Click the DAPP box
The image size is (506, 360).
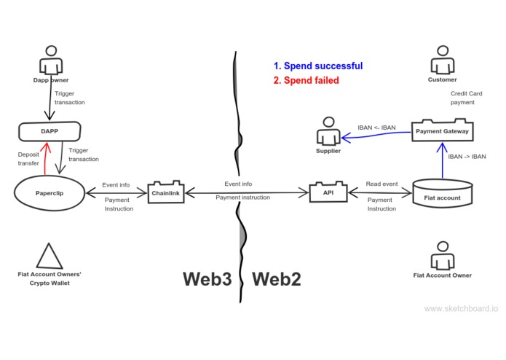pyautogui.click(x=50, y=131)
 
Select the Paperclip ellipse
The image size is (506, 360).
pyautogui.click(x=50, y=193)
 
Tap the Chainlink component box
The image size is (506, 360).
pyautogui.click(x=166, y=192)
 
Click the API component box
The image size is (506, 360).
pyautogui.click(x=328, y=192)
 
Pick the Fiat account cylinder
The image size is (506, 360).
pyautogui.click(x=443, y=193)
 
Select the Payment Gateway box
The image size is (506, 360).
pyautogui.click(x=443, y=130)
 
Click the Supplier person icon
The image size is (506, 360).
pyautogui.click(x=328, y=130)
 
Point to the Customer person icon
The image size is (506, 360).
pyautogui.click(x=443, y=60)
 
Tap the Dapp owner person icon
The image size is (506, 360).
pyautogui.click(x=51, y=60)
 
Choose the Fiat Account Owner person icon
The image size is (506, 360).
pyautogui.click(x=443, y=255)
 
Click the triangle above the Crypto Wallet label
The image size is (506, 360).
pyautogui.click(x=49, y=256)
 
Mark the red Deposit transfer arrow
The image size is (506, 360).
pyautogui.click(x=47, y=159)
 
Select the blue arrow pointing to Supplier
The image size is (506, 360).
pyautogui.click(x=376, y=136)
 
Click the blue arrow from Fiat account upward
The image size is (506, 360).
pyautogui.click(x=443, y=160)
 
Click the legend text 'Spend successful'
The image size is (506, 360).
pyautogui.click(x=323, y=66)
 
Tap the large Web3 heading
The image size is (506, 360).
pyautogui.click(x=207, y=279)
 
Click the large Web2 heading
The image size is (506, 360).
pyautogui.click(x=277, y=279)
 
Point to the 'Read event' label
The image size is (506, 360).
pyautogui.click(x=382, y=184)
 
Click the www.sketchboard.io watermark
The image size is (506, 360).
pyautogui.click(x=461, y=309)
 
